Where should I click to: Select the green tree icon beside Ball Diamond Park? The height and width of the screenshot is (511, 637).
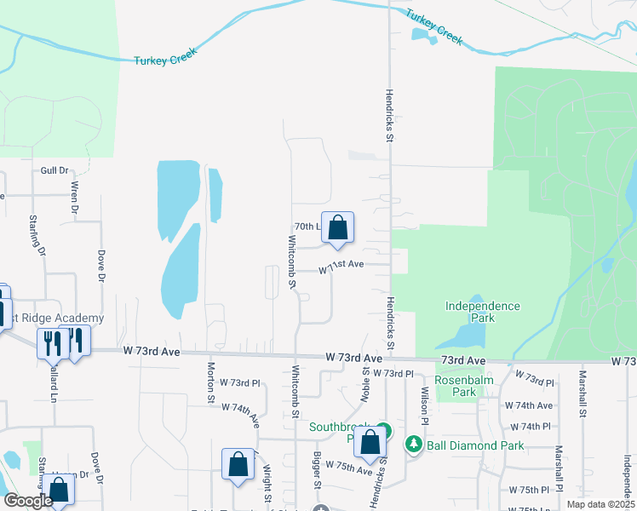414,444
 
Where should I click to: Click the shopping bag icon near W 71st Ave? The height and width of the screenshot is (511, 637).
338,227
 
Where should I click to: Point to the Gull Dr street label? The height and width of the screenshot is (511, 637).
54,170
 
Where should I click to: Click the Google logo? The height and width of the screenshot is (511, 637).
27,501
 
